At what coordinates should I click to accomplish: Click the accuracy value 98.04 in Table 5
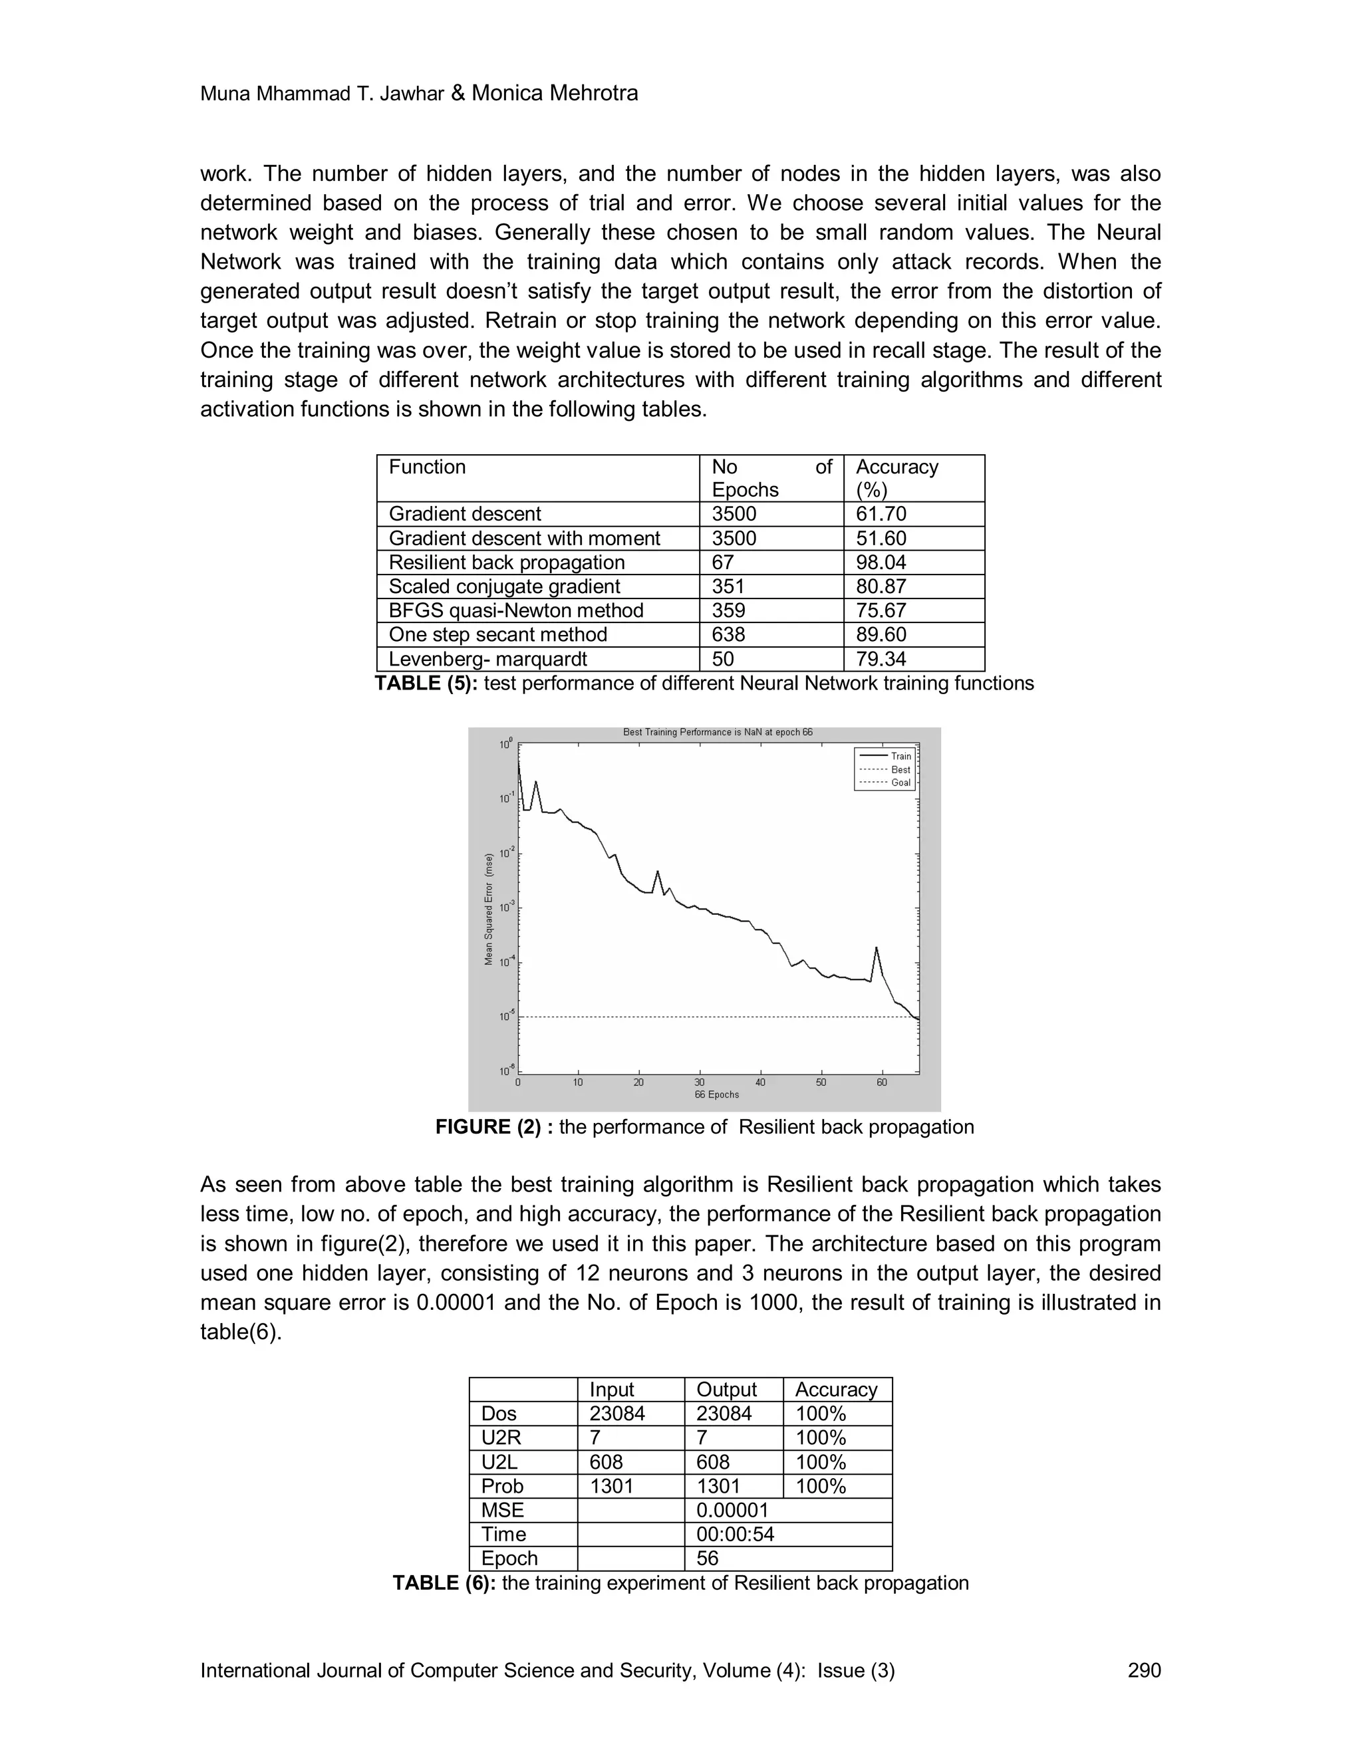point(881,563)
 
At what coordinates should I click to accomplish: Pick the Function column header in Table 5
point(427,467)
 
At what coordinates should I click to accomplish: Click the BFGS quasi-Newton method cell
point(515,611)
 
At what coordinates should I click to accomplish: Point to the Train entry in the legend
point(900,756)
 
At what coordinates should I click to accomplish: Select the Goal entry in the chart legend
point(900,783)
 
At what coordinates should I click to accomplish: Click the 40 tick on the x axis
point(760,1082)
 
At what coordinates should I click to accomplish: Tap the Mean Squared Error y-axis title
point(488,908)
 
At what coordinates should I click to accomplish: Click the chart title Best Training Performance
point(718,733)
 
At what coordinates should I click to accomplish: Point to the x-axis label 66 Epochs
point(716,1095)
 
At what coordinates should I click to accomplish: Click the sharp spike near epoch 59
point(877,949)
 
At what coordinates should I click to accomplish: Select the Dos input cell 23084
point(617,1414)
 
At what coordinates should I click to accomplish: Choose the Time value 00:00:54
point(734,1535)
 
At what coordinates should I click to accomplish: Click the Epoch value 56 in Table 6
point(707,1559)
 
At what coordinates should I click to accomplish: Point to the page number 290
point(1143,1670)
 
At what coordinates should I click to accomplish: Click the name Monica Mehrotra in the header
point(555,94)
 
